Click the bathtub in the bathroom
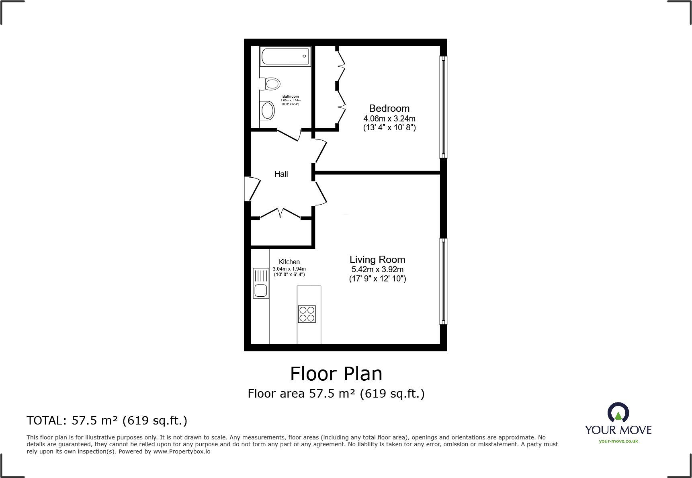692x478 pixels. click(x=285, y=56)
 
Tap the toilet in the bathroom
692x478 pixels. click(x=270, y=84)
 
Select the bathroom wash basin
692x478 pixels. click(x=267, y=110)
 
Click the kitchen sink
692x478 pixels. click(x=261, y=283)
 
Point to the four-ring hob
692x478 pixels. click(x=307, y=314)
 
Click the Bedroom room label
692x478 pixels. click(x=389, y=109)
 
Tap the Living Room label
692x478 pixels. click(x=377, y=260)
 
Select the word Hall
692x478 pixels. click(x=281, y=174)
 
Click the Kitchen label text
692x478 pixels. click(x=289, y=262)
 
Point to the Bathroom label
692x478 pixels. click(x=291, y=96)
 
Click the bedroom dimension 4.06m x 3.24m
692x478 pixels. click(x=389, y=119)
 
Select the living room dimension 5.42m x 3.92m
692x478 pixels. click(x=377, y=270)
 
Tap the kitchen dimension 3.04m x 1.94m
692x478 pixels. click(x=289, y=269)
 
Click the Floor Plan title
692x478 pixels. click(x=336, y=374)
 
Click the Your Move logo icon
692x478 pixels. click(x=618, y=413)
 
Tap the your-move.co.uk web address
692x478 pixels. click(x=618, y=441)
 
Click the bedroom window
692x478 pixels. click(x=443, y=107)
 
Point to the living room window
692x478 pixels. click(x=443, y=281)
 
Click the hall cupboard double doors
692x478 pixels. click(x=280, y=213)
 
